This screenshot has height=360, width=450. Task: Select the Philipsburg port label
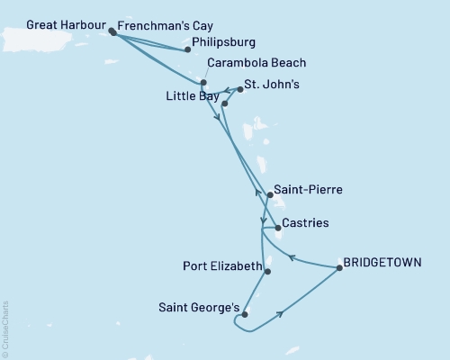coord(224,41)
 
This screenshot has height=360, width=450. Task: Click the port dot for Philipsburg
coord(187,49)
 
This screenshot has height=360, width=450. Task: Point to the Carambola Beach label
coord(256,63)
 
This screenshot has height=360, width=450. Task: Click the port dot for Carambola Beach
coord(203,83)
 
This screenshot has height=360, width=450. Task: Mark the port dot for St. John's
coord(240,90)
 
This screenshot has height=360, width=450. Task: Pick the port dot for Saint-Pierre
coord(270,194)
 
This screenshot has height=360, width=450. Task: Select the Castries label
coord(304,222)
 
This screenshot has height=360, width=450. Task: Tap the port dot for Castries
coord(277,228)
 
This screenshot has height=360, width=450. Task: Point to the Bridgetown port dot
coord(339,267)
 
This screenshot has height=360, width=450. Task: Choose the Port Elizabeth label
coord(221,267)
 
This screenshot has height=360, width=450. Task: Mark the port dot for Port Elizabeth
coord(267,268)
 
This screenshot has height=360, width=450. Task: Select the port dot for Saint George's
coord(244,314)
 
